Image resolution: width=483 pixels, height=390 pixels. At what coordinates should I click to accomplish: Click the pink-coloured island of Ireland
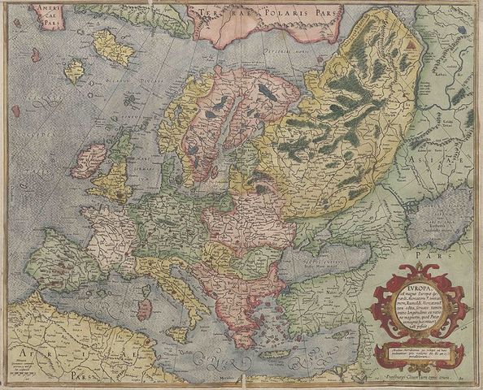(90, 162)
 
